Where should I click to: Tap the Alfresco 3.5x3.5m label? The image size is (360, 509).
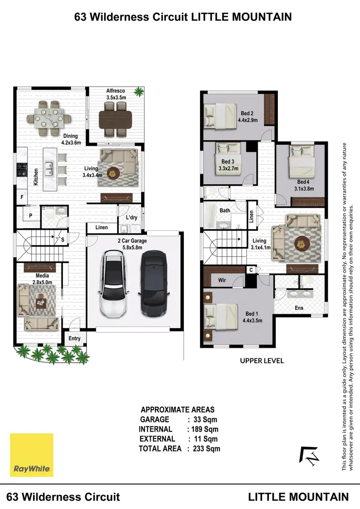coord(116,94)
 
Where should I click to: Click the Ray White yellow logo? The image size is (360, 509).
coord(32,455)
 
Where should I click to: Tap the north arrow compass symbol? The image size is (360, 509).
coord(310,456)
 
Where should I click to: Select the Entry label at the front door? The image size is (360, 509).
coord(74,338)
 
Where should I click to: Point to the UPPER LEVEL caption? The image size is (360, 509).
coord(262,360)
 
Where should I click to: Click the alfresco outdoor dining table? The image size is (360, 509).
coord(115,118)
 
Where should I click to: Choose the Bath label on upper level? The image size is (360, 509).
coord(225,211)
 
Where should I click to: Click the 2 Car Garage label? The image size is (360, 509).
coord(132,244)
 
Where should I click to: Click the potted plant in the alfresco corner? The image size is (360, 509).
coord(139,91)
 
